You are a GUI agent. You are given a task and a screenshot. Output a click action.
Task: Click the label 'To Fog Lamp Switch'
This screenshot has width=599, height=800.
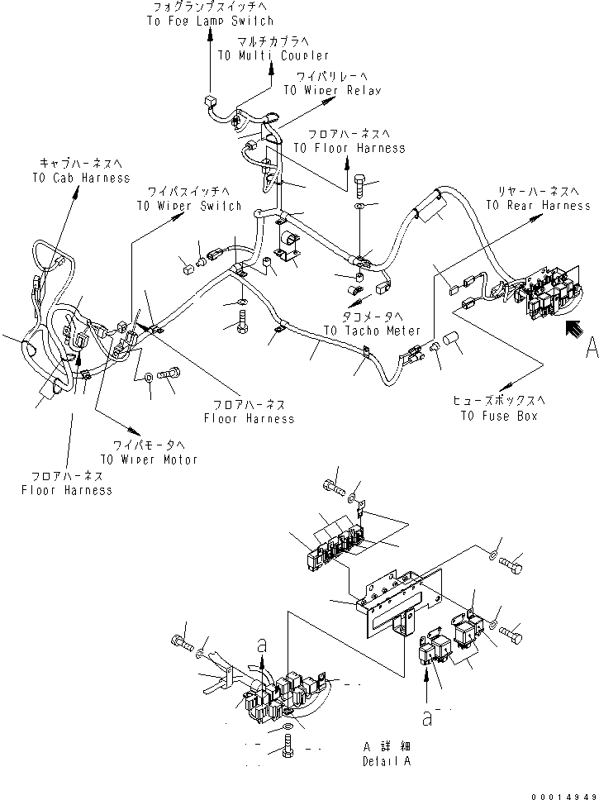click(x=211, y=21)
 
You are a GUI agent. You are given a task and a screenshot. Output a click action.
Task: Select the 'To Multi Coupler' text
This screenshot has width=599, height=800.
click(x=262, y=55)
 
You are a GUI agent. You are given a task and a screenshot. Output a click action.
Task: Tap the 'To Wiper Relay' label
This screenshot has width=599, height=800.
click(x=332, y=90)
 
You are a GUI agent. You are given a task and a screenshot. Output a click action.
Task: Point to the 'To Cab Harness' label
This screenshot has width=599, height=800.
click(x=81, y=178)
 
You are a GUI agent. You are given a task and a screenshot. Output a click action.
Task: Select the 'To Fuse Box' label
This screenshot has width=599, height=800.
click(x=499, y=416)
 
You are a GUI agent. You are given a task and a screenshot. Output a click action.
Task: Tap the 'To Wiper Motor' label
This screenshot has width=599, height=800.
click(x=149, y=459)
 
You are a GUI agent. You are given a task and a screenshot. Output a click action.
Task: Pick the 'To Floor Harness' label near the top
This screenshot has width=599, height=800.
click(x=349, y=147)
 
